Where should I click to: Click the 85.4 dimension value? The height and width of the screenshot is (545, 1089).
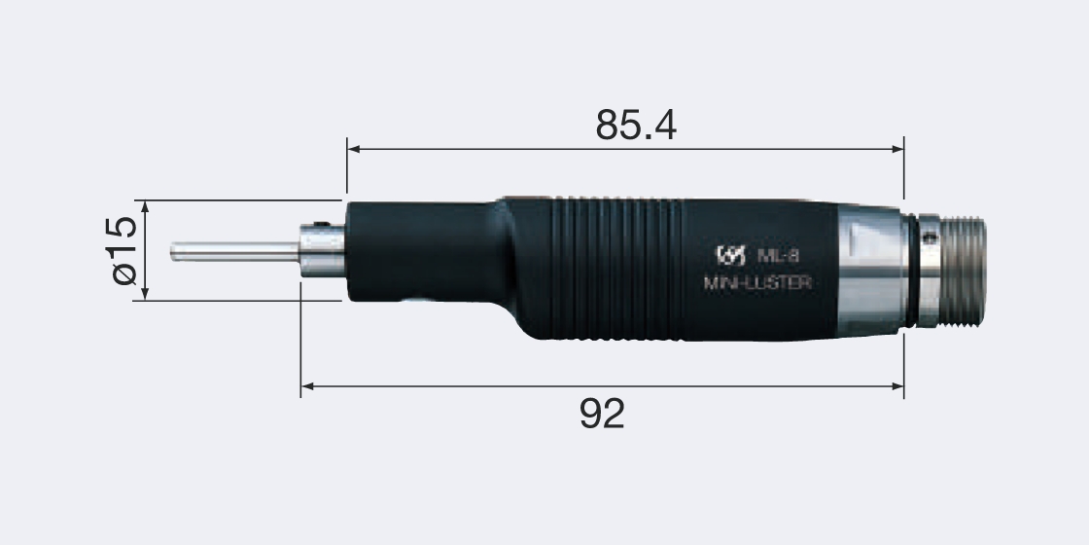click(636, 125)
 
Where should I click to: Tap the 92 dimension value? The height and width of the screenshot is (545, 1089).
click(602, 414)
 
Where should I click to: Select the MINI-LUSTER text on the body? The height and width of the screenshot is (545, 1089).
click(756, 284)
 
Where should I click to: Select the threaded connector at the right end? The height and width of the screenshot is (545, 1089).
click(963, 270)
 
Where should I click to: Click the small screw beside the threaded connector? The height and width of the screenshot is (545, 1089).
click(930, 236)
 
